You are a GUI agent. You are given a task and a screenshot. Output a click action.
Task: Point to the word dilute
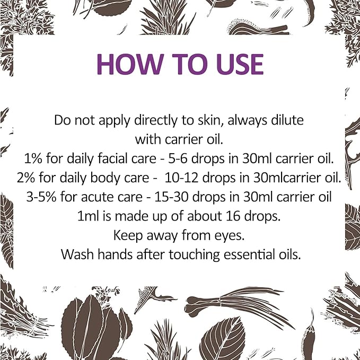[x=287, y=120]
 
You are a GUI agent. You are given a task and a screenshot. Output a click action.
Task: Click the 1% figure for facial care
[x=33, y=159]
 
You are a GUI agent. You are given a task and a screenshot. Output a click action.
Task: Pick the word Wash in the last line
[x=75, y=254]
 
